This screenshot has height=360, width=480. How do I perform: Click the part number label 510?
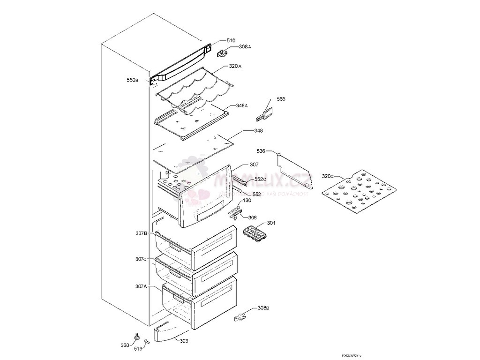point(231,41)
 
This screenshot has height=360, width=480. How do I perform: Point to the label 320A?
point(235,67)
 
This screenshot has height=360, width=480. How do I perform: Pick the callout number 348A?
point(242,106)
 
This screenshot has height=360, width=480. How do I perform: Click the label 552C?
point(261,179)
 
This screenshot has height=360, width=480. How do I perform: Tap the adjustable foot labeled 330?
point(137,336)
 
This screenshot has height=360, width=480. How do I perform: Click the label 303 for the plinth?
point(184,341)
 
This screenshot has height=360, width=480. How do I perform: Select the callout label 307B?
point(142,233)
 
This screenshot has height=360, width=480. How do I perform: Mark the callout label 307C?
point(142,259)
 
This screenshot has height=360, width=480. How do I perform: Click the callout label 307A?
point(142,286)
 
